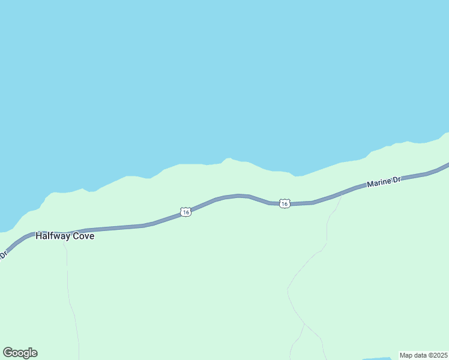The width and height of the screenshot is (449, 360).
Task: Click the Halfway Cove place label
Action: (65, 236)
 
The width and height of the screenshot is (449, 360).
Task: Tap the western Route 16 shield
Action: (186, 212)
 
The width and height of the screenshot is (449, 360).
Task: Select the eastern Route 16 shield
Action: (285, 204)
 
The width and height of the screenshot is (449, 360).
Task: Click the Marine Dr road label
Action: (384, 181)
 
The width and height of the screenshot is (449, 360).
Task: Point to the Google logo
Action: (20, 353)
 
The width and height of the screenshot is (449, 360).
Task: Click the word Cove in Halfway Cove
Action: (83, 236)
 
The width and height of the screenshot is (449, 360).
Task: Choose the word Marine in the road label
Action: (379, 182)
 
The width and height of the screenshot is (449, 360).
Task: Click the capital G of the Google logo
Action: (8, 352)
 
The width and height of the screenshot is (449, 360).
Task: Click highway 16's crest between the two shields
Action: (240, 196)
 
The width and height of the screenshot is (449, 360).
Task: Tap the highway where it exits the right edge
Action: (447, 164)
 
